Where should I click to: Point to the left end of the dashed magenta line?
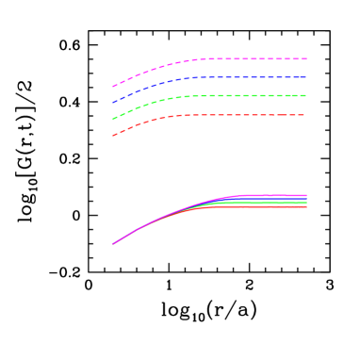click(x=113, y=87)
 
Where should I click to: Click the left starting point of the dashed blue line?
click(x=113, y=102)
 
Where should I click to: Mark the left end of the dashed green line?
click(x=113, y=119)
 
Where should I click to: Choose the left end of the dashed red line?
click(x=113, y=136)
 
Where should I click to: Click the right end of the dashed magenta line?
click(x=306, y=58)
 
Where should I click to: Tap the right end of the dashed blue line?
click(x=306, y=77)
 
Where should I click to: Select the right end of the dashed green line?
click(x=306, y=95)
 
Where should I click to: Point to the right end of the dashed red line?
click(x=306, y=115)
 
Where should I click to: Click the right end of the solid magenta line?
click(x=306, y=195)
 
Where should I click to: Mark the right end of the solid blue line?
click(x=306, y=198)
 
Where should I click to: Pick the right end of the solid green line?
click(x=306, y=202)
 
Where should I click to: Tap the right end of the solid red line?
click(x=306, y=205)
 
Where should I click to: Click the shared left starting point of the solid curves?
click(x=113, y=244)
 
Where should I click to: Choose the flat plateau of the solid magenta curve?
click(x=273, y=195)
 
